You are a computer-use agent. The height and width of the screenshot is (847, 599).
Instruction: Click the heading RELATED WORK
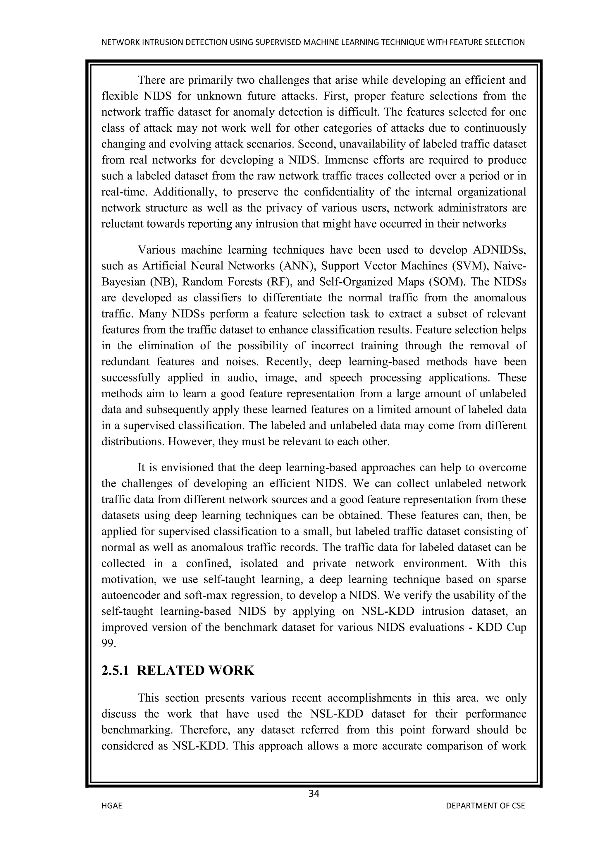195,670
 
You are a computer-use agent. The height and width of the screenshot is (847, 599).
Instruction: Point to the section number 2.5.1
115,670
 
